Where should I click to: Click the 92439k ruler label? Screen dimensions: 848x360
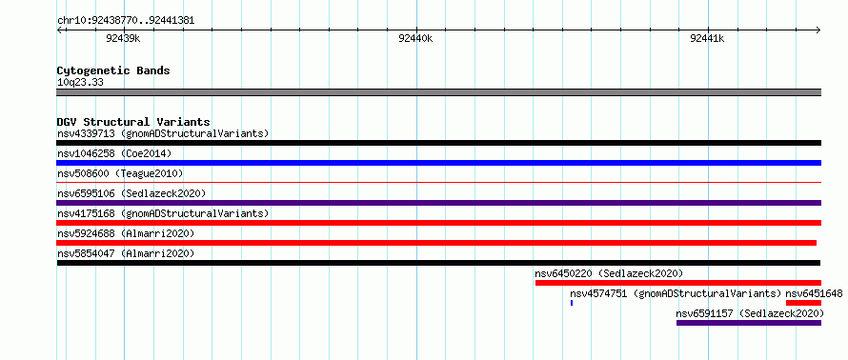[x=123, y=38]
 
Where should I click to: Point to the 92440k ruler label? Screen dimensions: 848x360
[x=414, y=38]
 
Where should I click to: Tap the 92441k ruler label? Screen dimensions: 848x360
[x=707, y=38]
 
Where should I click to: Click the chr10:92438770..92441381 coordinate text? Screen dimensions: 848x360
[x=126, y=21]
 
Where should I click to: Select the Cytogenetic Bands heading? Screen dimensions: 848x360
[x=113, y=70]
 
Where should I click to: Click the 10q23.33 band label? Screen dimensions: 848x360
[x=80, y=83]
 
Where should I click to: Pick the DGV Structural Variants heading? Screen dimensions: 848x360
[x=133, y=122]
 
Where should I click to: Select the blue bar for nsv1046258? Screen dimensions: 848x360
[x=438, y=163]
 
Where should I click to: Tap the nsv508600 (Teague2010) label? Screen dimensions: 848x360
[x=120, y=173]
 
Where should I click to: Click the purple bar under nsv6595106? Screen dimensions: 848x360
[x=438, y=203]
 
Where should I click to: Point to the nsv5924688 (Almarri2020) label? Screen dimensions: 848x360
[x=126, y=233]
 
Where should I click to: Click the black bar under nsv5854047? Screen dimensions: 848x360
[x=438, y=263]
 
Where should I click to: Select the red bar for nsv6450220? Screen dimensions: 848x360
[x=678, y=283]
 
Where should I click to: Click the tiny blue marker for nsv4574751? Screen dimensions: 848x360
[x=572, y=303]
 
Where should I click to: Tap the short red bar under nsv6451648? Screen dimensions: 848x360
[x=803, y=303]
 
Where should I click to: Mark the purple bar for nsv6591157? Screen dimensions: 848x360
[x=749, y=323]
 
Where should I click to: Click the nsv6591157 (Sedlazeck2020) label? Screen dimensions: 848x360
[x=750, y=313]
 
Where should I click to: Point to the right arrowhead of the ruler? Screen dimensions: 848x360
[x=818, y=30]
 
